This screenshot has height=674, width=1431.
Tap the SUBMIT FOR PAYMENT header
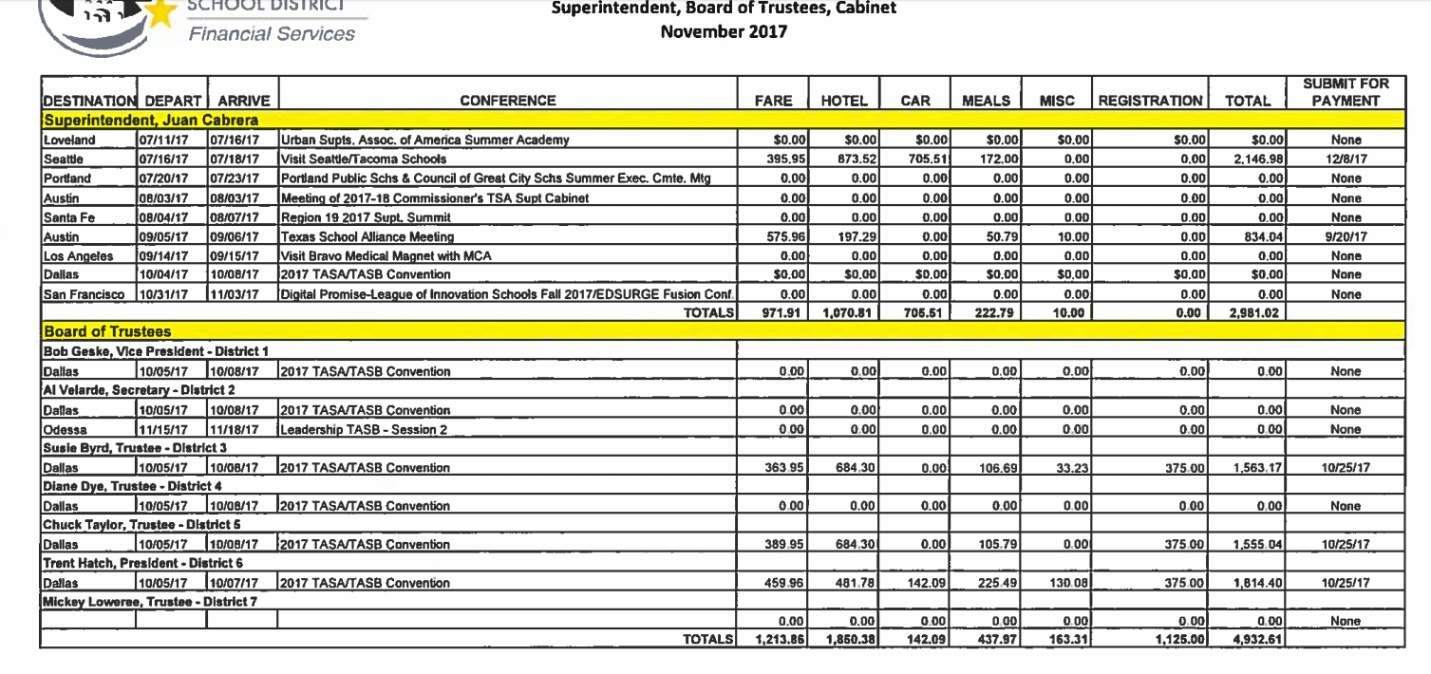pyautogui.click(x=1346, y=92)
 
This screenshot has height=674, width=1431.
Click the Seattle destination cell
pyautogui.click(x=63, y=159)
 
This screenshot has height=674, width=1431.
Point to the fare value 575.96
pyautogui.click(x=784, y=235)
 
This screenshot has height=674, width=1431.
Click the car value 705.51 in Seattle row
pyautogui.click(x=920, y=159)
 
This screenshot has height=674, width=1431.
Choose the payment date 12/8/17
pyautogui.click(x=1346, y=159)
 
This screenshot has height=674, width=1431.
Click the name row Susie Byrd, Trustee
pyautogui.click(x=118, y=449)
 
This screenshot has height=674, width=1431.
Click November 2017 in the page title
pyautogui.click(x=724, y=31)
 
